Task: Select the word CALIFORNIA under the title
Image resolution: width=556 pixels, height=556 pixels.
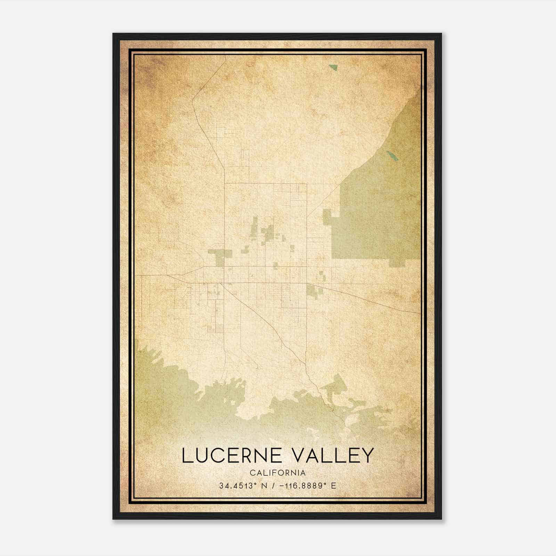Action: [x=277, y=473]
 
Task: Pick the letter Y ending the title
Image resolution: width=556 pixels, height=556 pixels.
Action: [x=367, y=456]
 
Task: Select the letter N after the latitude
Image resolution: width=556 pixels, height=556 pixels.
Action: [x=264, y=486]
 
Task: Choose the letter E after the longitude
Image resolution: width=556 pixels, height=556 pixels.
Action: [x=334, y=486]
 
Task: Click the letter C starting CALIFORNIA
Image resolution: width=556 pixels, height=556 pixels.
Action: [x=252, y=473]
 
